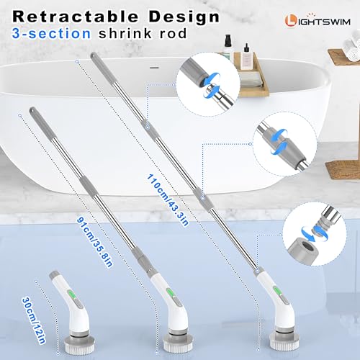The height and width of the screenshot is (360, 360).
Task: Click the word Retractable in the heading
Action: point(76,17)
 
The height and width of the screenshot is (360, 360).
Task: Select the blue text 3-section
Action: point(52,33)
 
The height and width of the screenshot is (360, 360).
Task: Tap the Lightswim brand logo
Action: point(318,21)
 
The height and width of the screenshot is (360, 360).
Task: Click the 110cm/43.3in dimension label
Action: point(168,200)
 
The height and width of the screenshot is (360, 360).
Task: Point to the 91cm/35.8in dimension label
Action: point(94,242)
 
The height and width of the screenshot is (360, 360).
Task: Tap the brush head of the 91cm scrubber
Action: point(178,343)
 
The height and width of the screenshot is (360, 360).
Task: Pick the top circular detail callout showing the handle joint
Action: point(208,84)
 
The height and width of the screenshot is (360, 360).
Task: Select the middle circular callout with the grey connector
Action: point(284,144)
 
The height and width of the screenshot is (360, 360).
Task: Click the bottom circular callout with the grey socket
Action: point(315,234)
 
